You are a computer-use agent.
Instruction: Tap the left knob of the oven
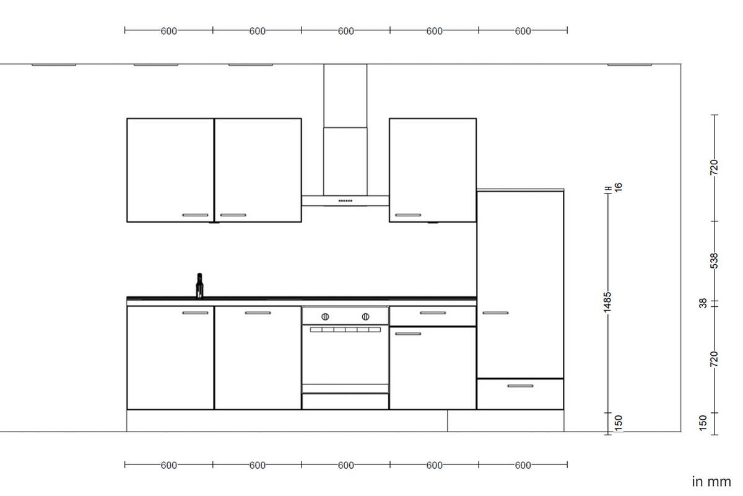tap(325, 316)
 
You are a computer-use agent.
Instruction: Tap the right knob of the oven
tap(365, 316)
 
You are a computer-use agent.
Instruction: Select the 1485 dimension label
tap(608, 303)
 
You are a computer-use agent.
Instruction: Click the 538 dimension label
tap(714, 261)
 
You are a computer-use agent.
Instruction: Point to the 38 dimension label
tap(703, 304)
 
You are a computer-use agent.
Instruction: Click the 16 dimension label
tap(617, 186)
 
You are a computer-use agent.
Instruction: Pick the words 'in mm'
tap(711, 481)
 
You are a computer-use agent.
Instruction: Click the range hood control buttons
tap(345, 201)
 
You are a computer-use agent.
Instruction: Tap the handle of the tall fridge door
tap(495, 312)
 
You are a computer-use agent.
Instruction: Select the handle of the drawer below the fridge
tap(520, 386)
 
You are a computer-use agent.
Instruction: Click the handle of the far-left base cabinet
tap(196, 313)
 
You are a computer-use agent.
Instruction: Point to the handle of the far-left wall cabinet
tap(196, 215)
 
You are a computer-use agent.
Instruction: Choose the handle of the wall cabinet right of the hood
tap(408, 215)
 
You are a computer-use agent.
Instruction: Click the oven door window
tap(345, 356)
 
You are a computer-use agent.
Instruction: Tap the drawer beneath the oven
tap(345, 402)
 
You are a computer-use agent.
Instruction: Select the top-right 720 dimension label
tap(714, 167)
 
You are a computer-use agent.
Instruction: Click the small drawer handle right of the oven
tap(433, 313)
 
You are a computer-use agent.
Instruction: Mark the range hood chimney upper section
tap(345, 95)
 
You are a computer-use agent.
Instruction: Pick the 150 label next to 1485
tap(617, 422)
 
